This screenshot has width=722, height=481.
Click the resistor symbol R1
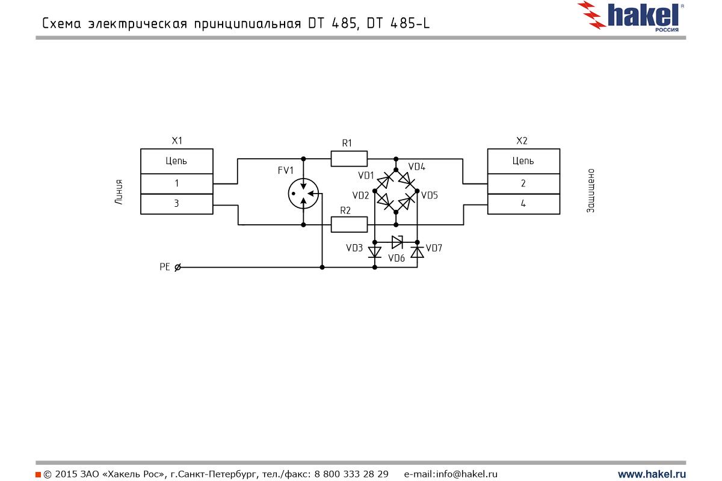tap(349, 159)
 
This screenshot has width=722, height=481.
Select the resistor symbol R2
tap(349, 225)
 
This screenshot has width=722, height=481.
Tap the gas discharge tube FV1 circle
tap(303, 192)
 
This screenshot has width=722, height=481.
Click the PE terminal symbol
tap(177, 268)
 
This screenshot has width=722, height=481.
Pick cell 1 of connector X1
tap(176, 183)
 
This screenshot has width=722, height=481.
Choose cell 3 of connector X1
tap(176, 204)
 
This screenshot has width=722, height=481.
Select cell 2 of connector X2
tap(523, 183)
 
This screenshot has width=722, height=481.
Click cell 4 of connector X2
tap(523, 204)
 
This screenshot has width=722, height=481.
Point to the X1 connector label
tap(177, 141)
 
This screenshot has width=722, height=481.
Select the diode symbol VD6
tap(396, 242)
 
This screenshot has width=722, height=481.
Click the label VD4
tap(416, 167)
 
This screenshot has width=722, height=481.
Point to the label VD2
tap(361, 195)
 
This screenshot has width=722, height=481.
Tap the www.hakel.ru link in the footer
tap(652, 474)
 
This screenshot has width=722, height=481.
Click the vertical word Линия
tap(119, 192)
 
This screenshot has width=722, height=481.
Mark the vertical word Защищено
tap(591, 191)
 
